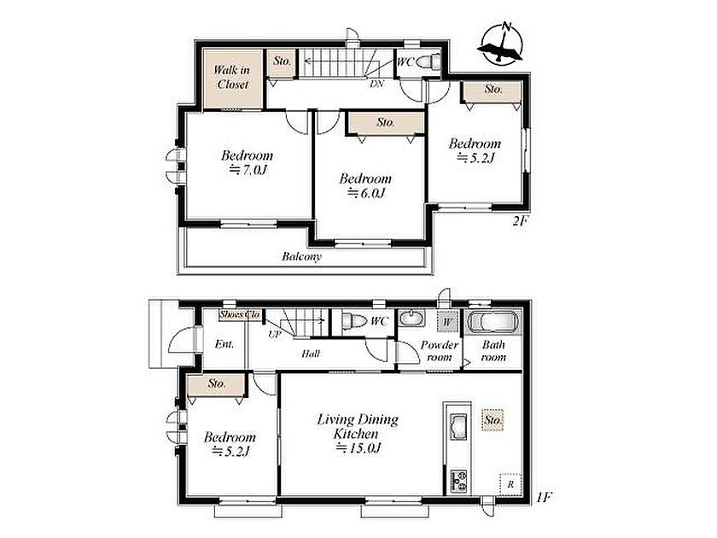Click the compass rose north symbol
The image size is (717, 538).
(501, 44)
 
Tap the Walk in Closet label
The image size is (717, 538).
(232, 77)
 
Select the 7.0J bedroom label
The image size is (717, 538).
(247, 162)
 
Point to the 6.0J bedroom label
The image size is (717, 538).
(365, 185)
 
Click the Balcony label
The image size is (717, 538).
(301, 256)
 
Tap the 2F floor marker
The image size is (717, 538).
(520, 221)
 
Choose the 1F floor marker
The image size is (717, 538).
(545, 497)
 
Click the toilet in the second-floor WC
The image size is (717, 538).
(429, 61)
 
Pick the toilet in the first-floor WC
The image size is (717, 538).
(354, 320)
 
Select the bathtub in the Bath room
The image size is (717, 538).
(493, 322)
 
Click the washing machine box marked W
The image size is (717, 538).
(446, 322)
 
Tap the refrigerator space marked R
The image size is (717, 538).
(510, 483)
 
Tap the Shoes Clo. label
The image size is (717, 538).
(240, 314)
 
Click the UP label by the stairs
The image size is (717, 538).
(274, 335)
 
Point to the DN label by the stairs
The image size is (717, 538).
(376, 84)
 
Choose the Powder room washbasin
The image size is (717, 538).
(412, 318)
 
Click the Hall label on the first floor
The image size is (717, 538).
(311, 354)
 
